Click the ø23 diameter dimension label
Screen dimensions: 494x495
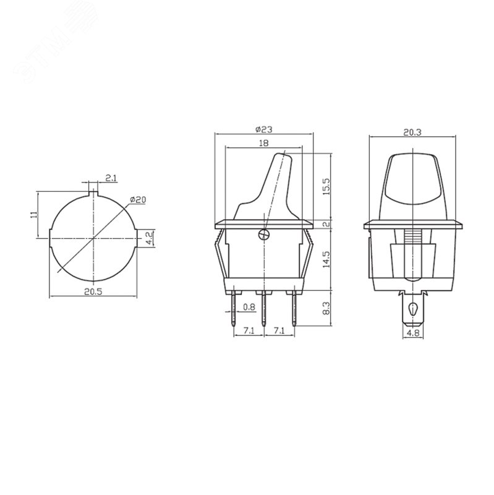point(264,129)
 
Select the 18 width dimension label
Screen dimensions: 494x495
point(264,144)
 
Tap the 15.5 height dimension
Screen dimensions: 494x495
point(326,186)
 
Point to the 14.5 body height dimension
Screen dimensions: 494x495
point(326,259)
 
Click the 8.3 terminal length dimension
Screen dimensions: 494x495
point(326,308)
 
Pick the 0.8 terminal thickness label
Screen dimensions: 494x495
point(249,307)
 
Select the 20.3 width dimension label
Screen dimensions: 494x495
point(412,132)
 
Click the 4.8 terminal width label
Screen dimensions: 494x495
point(413,333)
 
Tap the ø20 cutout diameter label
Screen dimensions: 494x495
point(138,200)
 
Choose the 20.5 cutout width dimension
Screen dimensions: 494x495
point(93,291)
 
